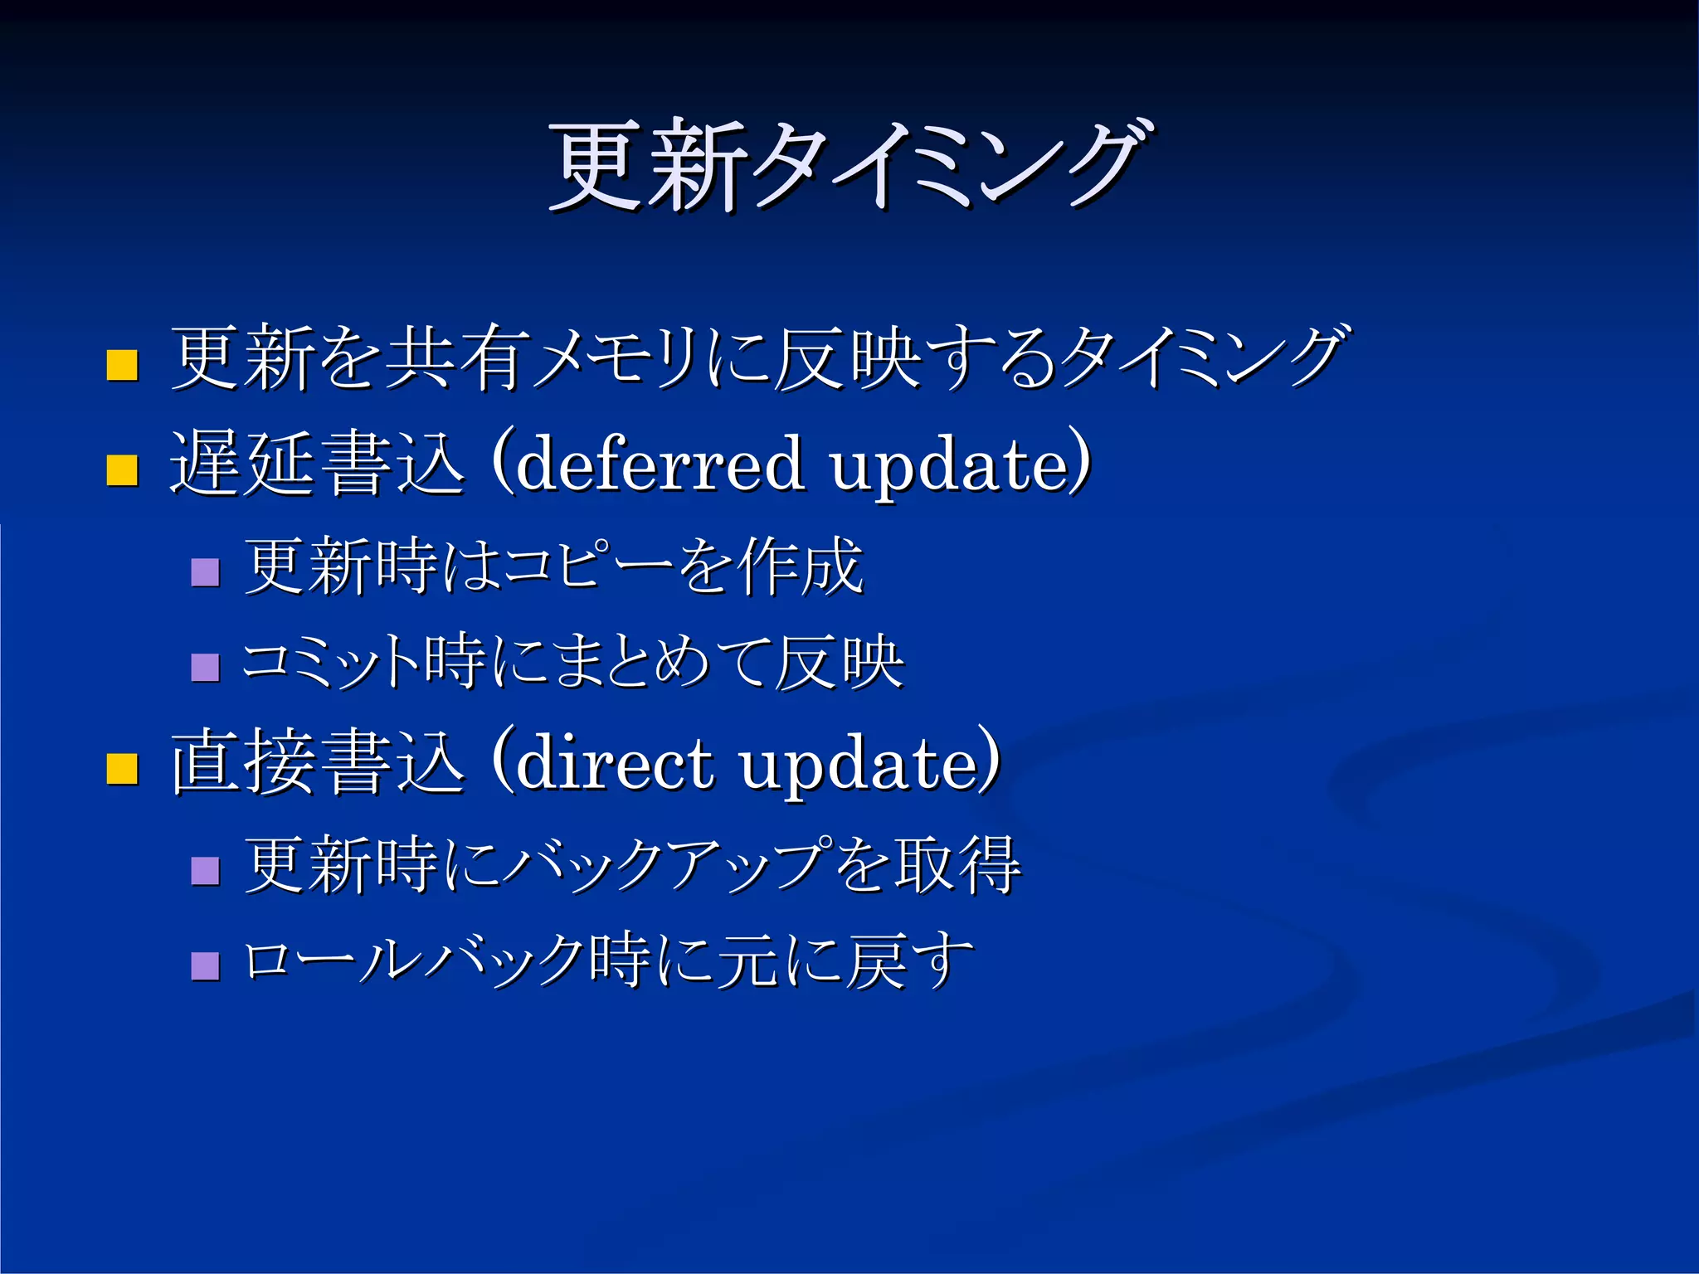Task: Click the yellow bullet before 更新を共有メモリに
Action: coord(122,365)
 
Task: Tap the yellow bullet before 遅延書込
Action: coord(122,469)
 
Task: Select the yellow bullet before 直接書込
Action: coord(122,768)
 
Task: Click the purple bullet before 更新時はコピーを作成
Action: coord(205,572)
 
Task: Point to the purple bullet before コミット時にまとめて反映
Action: coord(205,668)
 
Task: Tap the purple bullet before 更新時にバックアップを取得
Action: coord(205,871)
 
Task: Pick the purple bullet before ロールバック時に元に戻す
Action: coord(205,966)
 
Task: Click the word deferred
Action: coord(660,463)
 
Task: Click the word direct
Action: coord(614,761)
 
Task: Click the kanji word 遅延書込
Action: coord(317,464)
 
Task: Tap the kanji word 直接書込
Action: coord(317,763)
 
